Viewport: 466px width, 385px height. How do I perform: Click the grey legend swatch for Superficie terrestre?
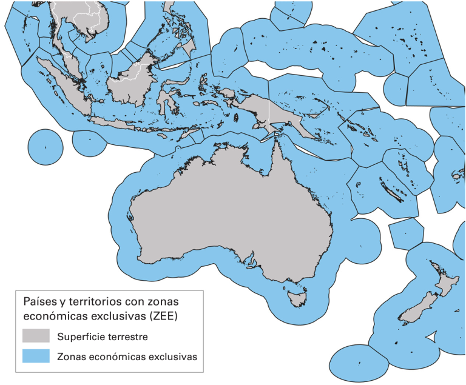(36, 336)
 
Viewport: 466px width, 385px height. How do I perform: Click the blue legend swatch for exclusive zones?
(36, 357)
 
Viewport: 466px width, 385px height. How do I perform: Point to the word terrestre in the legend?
(128, 336)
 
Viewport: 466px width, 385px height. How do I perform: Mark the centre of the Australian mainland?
(231, 212)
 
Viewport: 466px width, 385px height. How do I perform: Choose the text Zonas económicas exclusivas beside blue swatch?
(127, 357)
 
